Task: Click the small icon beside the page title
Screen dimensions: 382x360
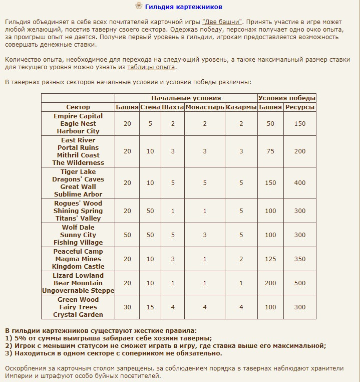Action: point(139,7)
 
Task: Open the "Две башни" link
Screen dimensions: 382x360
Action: point(222,22)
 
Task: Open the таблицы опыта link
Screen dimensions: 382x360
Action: point(151,67)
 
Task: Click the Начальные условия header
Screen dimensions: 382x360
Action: point(186,98)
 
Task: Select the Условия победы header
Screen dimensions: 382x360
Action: point(287,98)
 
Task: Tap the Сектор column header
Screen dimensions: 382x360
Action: point(78,107)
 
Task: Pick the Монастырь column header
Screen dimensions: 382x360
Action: point(205,107)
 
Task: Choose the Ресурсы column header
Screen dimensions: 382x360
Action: point(300,107)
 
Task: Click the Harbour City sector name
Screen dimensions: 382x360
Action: point(78,131)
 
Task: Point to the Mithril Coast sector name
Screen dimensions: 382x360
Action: point(78,155)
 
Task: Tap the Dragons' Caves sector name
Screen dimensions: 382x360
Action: point(78,179)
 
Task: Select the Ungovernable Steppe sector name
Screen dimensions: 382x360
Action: point(78,291)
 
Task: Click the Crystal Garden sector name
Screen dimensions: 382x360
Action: point(78,315)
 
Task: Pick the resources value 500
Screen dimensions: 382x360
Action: point(300,283)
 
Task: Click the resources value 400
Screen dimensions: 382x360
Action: point(300,183)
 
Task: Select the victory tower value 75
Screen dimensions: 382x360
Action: point(271,151)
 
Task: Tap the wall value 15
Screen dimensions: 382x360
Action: point(150,307)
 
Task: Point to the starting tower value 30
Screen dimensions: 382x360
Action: point(127,307)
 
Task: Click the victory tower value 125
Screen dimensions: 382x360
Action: point(271,259)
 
